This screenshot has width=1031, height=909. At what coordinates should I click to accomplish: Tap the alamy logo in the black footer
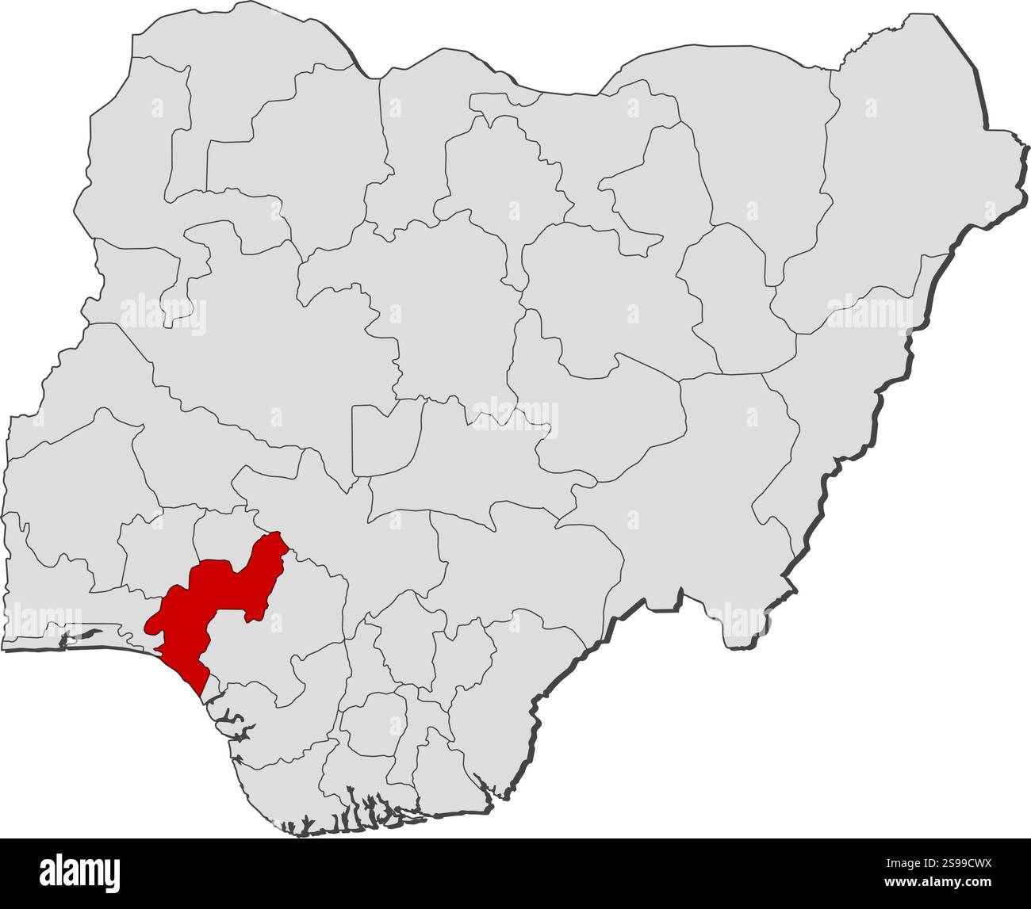click(x=80, y=872)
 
